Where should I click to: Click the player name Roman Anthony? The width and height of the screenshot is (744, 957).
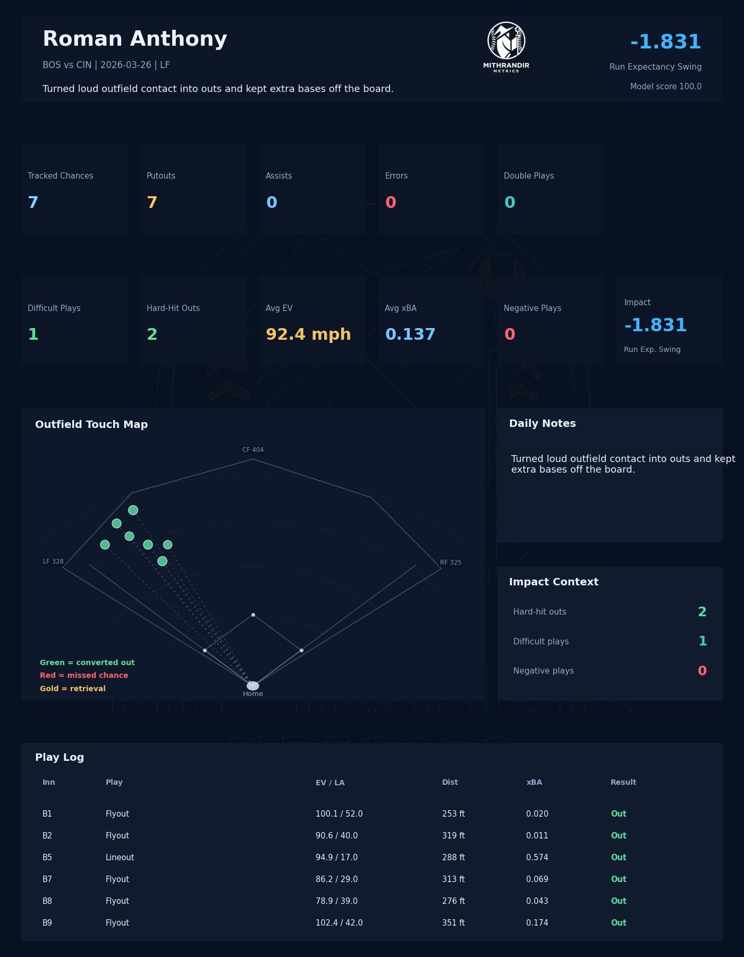pos(134,39)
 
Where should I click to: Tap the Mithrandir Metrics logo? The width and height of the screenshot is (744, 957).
pos(506,47)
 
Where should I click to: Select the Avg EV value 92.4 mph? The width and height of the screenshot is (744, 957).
pos(308,334)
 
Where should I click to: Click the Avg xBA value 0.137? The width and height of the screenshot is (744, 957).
pos(410,334)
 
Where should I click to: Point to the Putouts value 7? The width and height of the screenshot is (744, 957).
pos(152,203)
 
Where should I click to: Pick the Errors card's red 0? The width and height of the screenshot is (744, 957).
pos(391,203)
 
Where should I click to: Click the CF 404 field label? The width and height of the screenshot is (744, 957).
pos(253,450)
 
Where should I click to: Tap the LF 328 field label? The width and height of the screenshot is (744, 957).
pos(53,561)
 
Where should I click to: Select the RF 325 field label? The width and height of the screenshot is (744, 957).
pos(451,563)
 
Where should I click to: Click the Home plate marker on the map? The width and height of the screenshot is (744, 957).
pos(253,686)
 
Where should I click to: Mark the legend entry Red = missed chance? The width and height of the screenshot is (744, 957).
pos(84,675)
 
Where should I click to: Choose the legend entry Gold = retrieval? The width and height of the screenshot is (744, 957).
pos(73,689)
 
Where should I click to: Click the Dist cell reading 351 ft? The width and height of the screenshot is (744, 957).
pos(453,923)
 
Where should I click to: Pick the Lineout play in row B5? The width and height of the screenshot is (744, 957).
pos(120,858)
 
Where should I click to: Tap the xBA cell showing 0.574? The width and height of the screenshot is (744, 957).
pos(537,858)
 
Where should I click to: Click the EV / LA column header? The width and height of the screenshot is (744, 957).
pos(330,783)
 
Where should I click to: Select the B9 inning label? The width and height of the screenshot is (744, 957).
pos(47,923)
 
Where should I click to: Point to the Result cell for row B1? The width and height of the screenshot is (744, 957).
pos(619,814)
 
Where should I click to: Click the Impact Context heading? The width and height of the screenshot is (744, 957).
pos(554,582)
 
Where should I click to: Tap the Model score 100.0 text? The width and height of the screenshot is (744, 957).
pos(665,87)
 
